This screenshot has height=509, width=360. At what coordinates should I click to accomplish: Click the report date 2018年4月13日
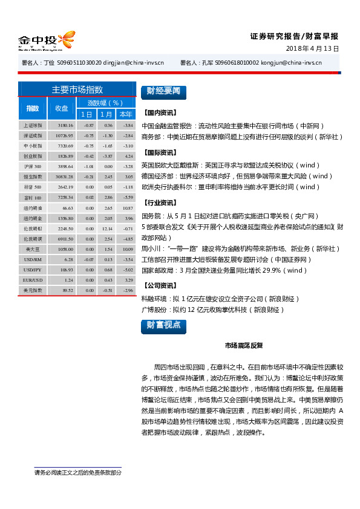coord(312,48)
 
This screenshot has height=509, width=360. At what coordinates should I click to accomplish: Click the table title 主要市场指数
coord(77,89)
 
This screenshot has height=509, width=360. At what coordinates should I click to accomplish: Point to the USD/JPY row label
coord(33,269)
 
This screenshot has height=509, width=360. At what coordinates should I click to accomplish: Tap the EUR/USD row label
coord(33,280)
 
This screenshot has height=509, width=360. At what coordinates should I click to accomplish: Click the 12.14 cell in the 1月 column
coord(108,228)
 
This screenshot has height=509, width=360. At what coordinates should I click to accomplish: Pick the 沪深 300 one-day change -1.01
coord(88,166)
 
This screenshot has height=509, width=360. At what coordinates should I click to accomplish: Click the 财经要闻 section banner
coord(163,92)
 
